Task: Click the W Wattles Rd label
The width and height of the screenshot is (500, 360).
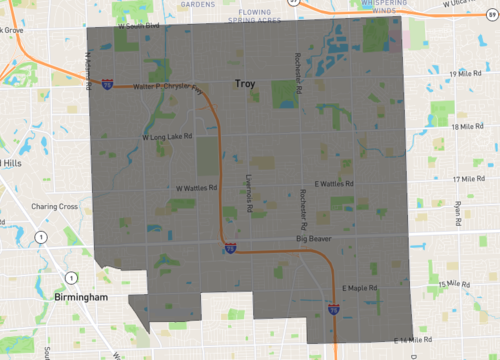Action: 196,187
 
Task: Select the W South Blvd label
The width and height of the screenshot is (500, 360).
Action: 138,26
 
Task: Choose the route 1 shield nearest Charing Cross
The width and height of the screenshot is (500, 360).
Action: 40,236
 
